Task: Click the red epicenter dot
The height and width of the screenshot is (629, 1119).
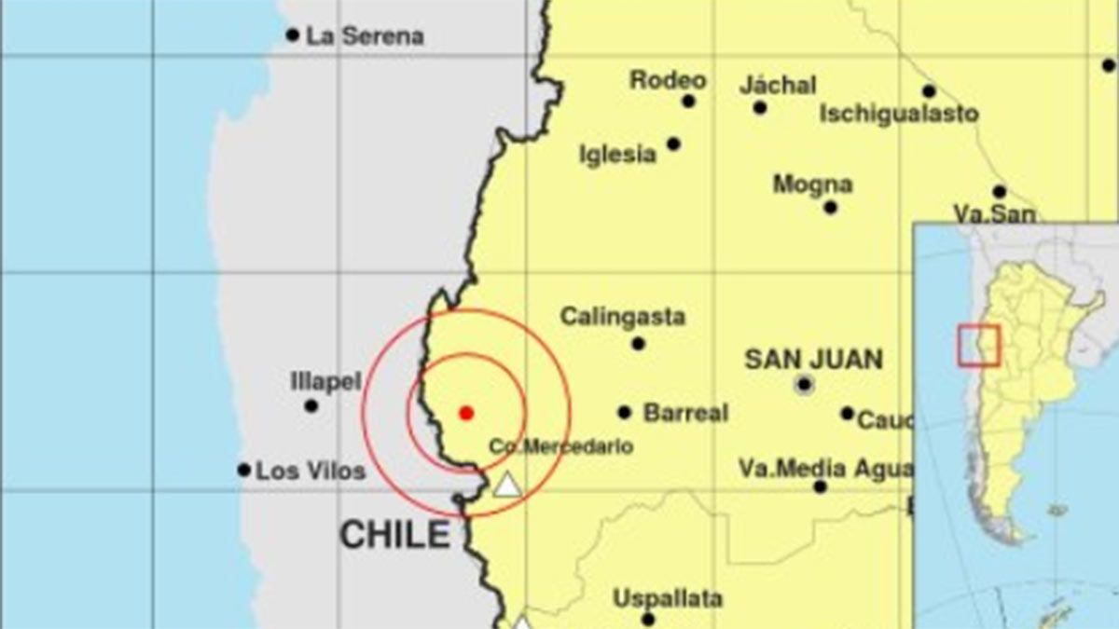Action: tap(466, 412)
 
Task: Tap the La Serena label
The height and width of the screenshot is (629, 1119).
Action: tap(365, 36)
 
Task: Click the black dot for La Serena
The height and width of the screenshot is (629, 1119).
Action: tap(293, 35)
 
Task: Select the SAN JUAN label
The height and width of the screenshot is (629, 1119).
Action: tap(813, 359)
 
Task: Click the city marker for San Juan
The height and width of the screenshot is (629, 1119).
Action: tap(804, 384)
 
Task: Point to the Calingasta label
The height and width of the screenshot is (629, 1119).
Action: tap(622, 317)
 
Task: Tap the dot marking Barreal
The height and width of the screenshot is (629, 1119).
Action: tap(624, 412)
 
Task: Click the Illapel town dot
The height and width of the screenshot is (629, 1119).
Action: tap(311, 405)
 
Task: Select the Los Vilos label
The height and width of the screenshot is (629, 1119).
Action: tap(311, 472)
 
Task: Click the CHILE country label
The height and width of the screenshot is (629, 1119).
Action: tap(394, 535)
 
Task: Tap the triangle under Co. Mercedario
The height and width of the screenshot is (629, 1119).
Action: tap(506, 485)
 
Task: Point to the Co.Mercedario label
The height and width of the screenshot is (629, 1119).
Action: tap(560, 447)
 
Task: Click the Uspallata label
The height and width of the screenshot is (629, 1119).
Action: tap(668, 598)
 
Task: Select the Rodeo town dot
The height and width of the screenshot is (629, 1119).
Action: tap(688, 102)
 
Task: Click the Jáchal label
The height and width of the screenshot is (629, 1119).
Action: tap(778, 86)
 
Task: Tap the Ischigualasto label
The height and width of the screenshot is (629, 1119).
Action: tap(899, 115)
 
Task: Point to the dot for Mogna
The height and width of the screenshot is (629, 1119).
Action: tap(830, 208)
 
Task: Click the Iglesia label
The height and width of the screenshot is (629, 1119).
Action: tap(617, 155)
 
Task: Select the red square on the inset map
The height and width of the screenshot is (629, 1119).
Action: tap(978, 345)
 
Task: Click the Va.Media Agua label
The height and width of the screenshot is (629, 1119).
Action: tap(824, 468)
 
